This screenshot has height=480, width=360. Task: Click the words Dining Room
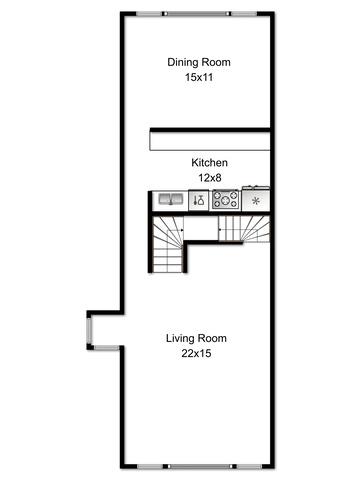199,62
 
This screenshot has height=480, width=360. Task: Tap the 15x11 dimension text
199,78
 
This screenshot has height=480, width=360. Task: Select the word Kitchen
210,163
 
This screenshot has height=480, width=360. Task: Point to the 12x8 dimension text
210,178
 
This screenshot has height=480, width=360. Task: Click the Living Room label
196,338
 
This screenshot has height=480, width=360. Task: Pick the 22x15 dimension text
196,353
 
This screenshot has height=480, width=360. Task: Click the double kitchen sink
171,199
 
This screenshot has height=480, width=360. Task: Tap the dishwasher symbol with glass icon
199,200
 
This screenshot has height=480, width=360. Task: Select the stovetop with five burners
226,200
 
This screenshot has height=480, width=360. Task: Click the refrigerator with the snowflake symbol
256,199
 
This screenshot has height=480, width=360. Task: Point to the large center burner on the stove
226,200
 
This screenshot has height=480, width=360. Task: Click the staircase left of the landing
168,244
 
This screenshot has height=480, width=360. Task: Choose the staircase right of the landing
244,229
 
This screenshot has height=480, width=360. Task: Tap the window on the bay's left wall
89,331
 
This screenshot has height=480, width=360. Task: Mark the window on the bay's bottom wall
106,348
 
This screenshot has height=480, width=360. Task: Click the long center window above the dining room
197,14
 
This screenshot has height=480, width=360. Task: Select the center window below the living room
199,466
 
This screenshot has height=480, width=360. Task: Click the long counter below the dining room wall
210,141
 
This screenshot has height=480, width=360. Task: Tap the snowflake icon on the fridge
256,201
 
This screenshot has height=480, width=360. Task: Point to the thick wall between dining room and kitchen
210,130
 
